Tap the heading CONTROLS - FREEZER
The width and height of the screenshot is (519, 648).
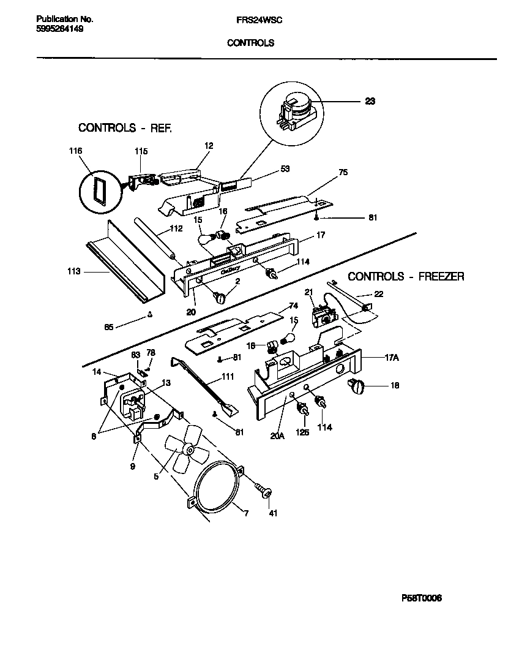406,277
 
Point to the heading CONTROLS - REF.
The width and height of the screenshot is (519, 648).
125,128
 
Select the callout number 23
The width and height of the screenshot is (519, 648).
370,102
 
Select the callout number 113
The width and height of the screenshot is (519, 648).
74,270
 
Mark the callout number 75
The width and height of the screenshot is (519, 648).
343,173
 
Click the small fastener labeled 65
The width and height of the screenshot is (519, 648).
150,315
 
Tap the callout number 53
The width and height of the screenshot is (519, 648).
267,168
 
